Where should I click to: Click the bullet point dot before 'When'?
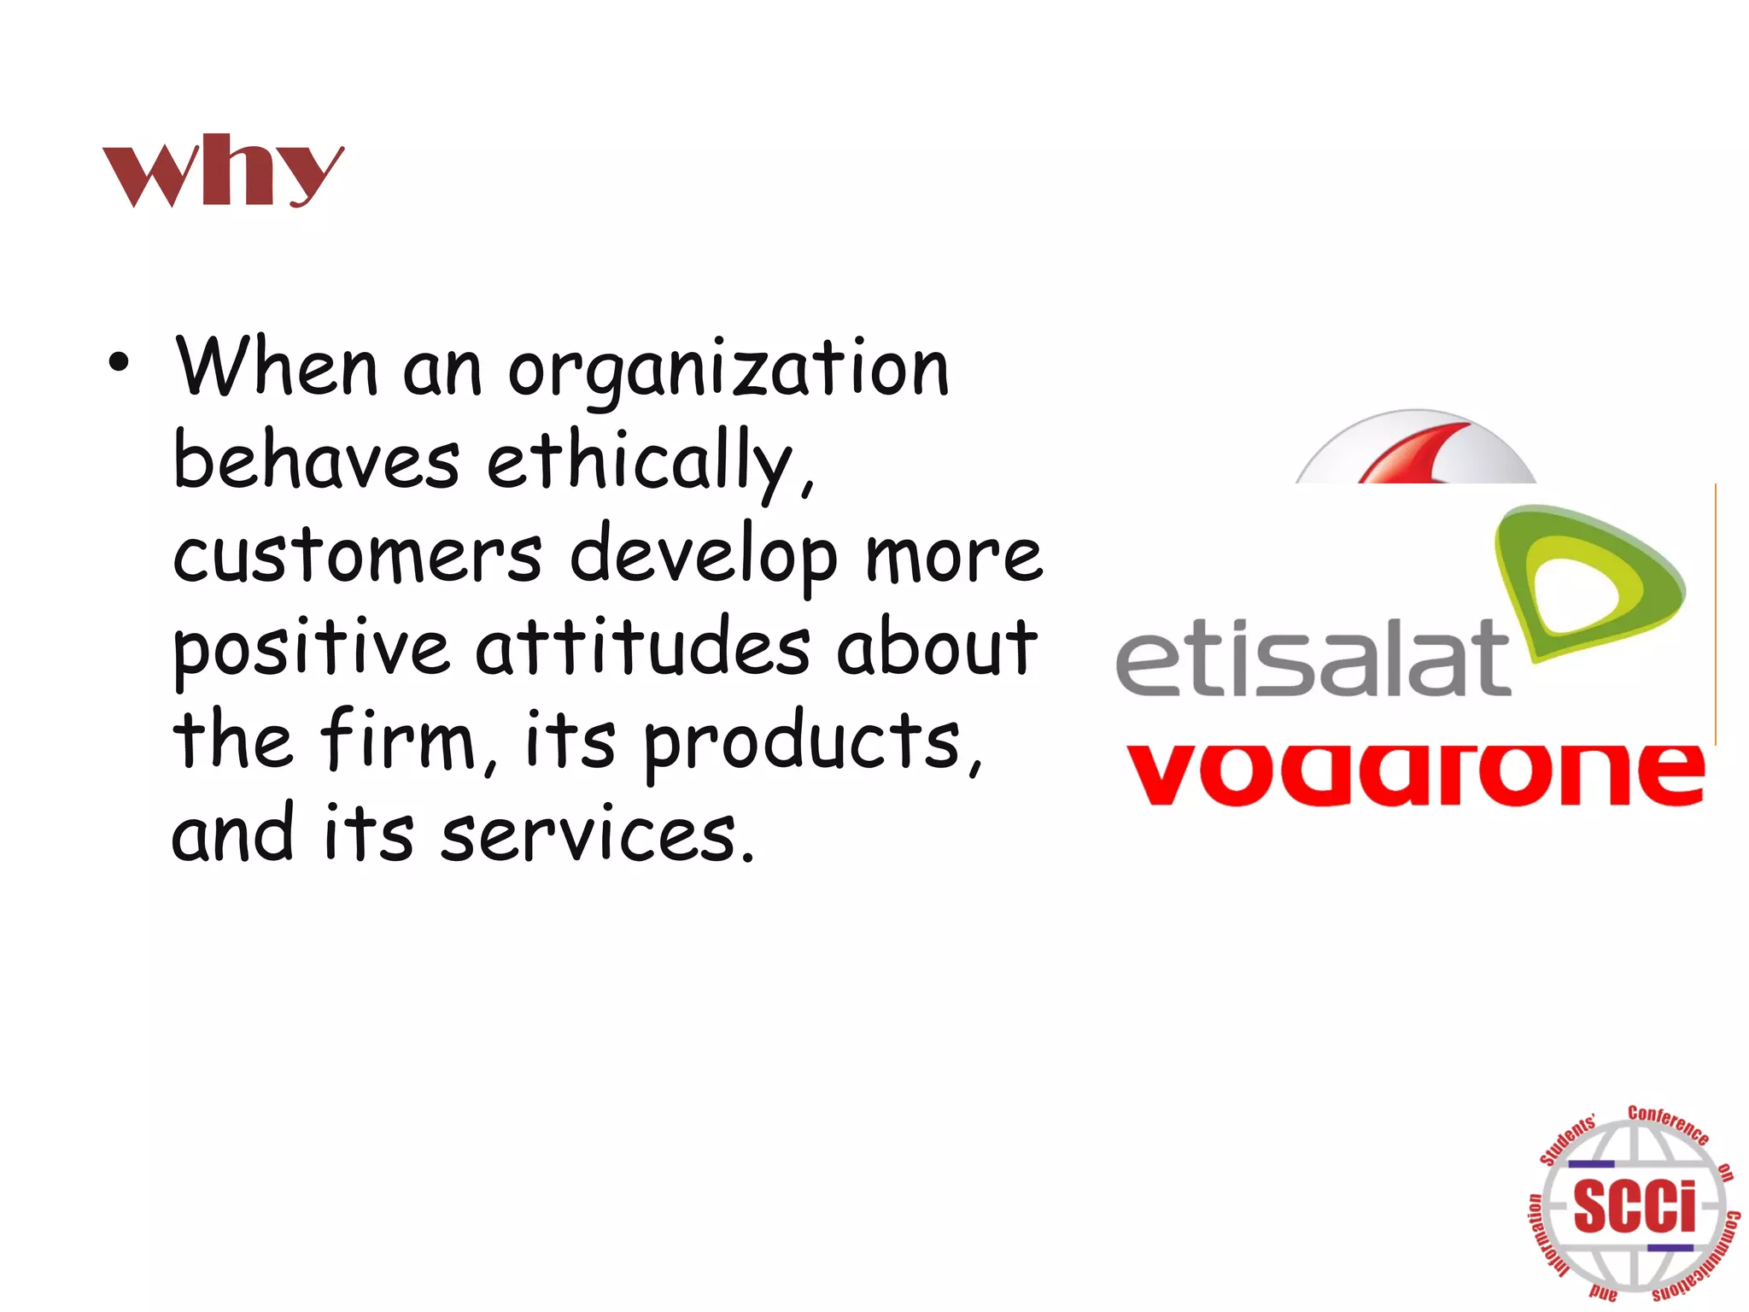coord(119,363)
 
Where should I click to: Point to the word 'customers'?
coord(357,555)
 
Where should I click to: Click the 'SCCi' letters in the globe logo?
coord(1634,1206)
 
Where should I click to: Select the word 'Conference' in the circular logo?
coord(1668,1124)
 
